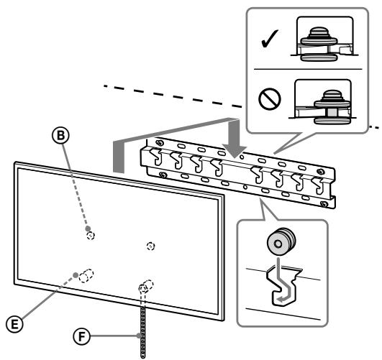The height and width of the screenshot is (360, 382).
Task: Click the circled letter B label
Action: [60, 135]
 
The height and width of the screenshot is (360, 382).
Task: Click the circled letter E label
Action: [14, 324]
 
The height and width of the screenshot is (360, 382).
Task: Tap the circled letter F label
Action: [81, 337]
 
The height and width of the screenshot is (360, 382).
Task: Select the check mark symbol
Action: [270, 39]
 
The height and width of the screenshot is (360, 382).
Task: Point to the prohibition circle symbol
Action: [270, 99]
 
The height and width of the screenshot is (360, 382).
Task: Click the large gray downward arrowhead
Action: [235, 152]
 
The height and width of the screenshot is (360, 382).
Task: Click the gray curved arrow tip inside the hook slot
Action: [281, 299]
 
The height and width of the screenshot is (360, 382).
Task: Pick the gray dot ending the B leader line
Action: [88, 229]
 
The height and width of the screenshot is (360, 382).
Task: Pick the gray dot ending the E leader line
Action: [76, 275]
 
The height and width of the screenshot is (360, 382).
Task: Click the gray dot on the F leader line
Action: [139, 336]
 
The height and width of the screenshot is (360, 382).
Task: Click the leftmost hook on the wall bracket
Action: [156, 157]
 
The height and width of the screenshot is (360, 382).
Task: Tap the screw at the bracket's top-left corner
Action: [160, 143]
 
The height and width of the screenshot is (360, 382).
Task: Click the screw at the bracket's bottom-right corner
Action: [324, 204]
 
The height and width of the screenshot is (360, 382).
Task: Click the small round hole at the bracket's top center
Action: [242, 157]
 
